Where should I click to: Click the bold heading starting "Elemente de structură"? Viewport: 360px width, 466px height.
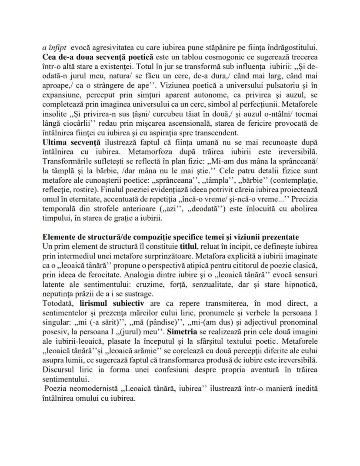coord(170,237)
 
